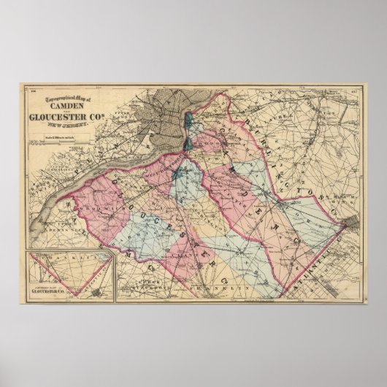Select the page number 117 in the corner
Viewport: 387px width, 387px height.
pos(355,91)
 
